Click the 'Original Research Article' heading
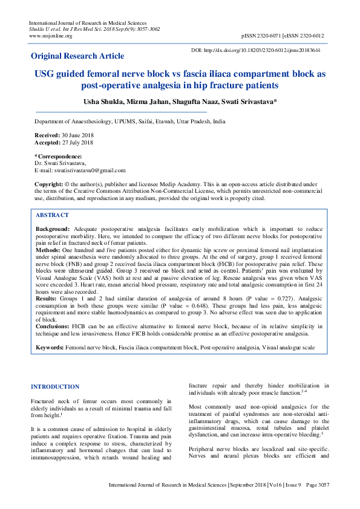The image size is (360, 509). pos(77,56)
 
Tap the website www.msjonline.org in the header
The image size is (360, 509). pos(51,36)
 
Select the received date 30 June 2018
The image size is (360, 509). pos(75,135)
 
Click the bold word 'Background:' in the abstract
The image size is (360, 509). pos(53,230)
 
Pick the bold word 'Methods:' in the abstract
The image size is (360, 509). pos(48,250)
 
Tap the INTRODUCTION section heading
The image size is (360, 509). pos(54,386)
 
